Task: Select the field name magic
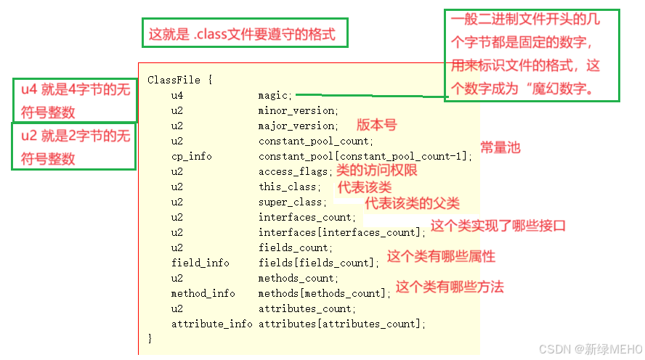pyautogui.click(x=275, y=95)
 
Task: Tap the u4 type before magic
pyautogui.click(x=177, y=95)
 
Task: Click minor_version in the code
pyautogui.click(x=298, y=110)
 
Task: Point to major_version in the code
pyautogui.click(x=298, y=126)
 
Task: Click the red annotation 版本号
pyautogui.click(x=376, y=125)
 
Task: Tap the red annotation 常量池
pyautogui.click(x=500, y=147)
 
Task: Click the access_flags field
pyautogui.click(x=295, y=171)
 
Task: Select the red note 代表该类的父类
pyautogui.click(x=412, y=202)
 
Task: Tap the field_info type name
pyautogui.click(x=200, y=263)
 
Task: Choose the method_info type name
pyautogui.click(x=203, y=293)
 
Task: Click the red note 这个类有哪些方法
pyautogui.click(x=450, y=287)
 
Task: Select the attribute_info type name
pyautogui.click(x=212, y=324)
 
